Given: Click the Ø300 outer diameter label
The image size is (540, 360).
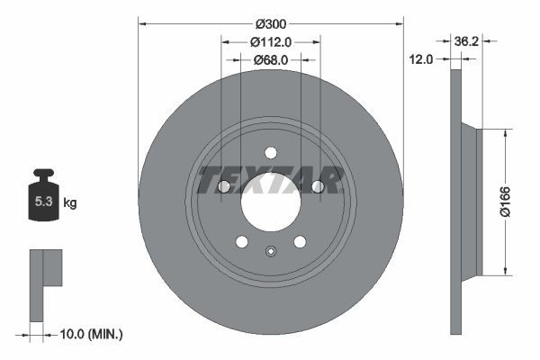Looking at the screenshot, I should [x=270, y=22].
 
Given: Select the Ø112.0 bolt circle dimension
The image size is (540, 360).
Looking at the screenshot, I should [x=270, y=41].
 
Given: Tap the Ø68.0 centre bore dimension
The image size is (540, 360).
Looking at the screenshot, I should [x=270, y=59].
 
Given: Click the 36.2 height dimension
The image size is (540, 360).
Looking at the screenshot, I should [x=466, y=41].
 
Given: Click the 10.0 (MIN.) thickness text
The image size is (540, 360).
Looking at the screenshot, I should [x=89, y=334].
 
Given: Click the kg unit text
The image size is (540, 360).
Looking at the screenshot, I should [x=70, y=203].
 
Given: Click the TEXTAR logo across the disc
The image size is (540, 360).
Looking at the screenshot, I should [x=270, y=180].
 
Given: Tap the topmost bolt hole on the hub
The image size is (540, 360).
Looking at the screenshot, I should [x=270, y=152].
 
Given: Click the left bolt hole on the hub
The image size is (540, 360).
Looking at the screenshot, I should [x=223, y=186].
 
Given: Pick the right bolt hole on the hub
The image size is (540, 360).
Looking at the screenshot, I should [x=317, y=186].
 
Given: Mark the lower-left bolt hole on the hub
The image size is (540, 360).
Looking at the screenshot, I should [x=241, y=241].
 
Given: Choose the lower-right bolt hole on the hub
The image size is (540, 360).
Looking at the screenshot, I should [x=300, y=241].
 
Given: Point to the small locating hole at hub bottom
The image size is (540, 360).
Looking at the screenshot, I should [x=270, y=251].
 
